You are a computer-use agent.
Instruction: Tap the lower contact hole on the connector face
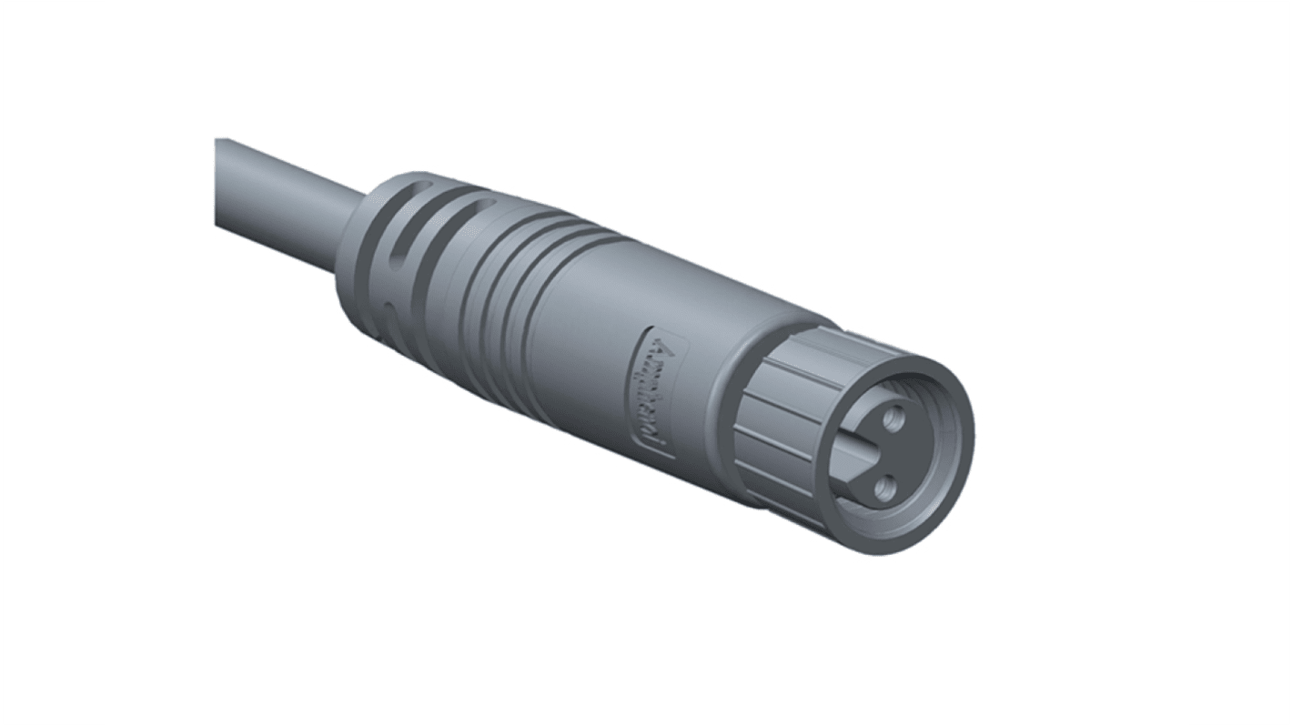[880, 494]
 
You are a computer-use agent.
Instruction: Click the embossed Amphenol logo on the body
[653, 392]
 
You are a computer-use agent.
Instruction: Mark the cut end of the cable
[218, 182]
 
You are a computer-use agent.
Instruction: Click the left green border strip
[52, 363]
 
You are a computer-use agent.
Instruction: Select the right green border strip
[1240, 363]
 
